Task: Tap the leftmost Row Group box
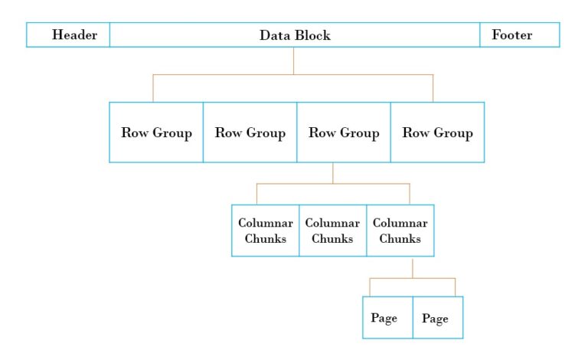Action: pos(156,133)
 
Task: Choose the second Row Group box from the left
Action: pos(250,133)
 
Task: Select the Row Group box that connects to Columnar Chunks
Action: pos(344,133)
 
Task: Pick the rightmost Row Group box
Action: pos(437,133)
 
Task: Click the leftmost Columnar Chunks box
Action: pos(265,231)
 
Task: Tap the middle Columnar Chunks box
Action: pos(332,231)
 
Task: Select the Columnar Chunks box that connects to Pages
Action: pos(400,231)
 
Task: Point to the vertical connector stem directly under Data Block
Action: pos(294,61)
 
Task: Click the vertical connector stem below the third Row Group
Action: pos(333,173)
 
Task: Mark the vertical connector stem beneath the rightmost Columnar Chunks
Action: pos(413,267)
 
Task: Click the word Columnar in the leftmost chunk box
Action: pos(265,223)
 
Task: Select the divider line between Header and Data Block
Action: pos(109,35)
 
